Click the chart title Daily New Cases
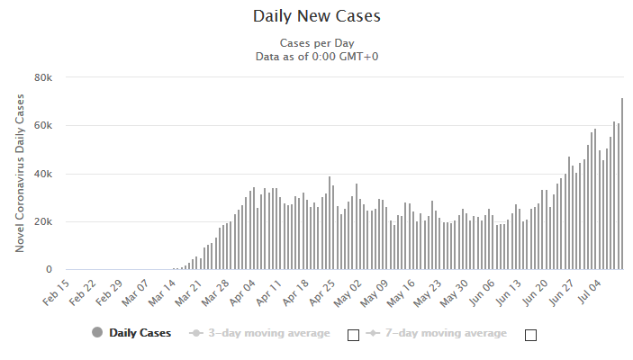click(x=317, y=16)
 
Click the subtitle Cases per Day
click(x=317, y=43)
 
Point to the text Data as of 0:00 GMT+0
click(x=317, y=57)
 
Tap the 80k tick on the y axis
click(x=43, y=77)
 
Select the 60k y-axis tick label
click(x=43, y=125)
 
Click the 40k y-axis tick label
click(x=43, y=174)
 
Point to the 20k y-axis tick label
click(x=43, y=221)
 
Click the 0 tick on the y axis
click(x=50, y=269)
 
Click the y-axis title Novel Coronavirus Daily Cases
click(x=20, y=173)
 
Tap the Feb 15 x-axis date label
click(x=56, y=292)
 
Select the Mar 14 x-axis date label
click(x=162, y=292)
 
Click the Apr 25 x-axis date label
click(x=322, y=292)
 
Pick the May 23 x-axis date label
click(x=428, y=293)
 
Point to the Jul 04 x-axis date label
click(x=590, y=292)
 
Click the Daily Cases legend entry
click(x=131, y=333)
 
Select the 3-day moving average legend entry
click(x=259, y=333)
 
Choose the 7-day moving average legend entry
click(x=437, y=333)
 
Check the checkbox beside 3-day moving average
click(x=353, y=335)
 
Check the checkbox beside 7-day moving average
click(x=531, y=335)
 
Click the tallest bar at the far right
click(x=622, y=184)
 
